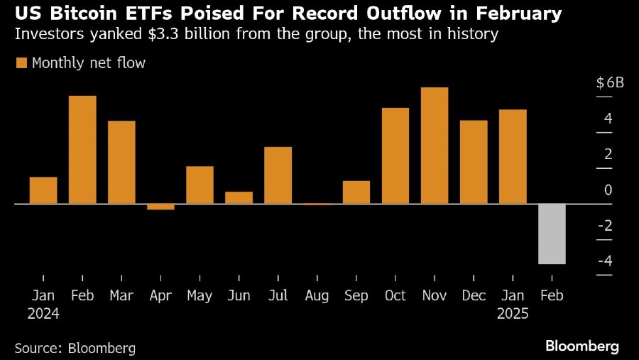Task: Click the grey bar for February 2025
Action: click(552, 234)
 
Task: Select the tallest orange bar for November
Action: click(435, 146)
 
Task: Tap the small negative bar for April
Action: click(160, 207)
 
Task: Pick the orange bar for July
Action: click(278, 175)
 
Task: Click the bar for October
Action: click(395, 156)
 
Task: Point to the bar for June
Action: click(239, 197)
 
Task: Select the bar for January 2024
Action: click(43, 190)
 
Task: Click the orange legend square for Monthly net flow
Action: click(21, 63)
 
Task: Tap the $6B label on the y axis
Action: click(610, 82)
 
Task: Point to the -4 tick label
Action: click(605, 261)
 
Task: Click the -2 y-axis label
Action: click(605, 226)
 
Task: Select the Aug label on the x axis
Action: click(317, 295)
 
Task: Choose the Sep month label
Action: click(356, 295)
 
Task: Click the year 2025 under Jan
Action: click(513, 313)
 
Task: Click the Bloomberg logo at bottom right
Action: click(582, 346)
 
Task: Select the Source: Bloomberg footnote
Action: click(75, 348)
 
